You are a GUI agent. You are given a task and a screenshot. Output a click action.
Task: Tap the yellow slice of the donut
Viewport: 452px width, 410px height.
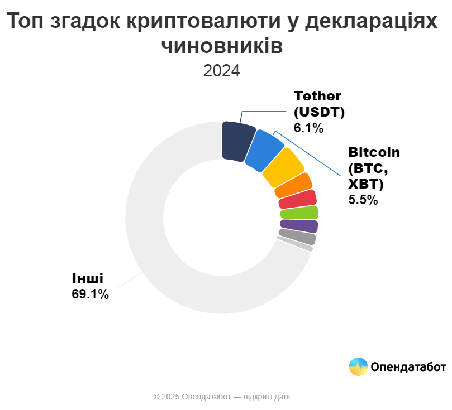pyautogui.click(x=283, y=168)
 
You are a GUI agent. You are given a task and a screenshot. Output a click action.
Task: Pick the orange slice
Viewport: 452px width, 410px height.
pyautogui.click(x=293, y=186)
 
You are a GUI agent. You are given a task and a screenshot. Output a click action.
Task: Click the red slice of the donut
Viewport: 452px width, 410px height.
pyautogui.click(x=298, y=199)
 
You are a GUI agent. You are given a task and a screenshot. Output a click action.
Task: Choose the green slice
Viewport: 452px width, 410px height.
pyautogui.click(x=299, y=213)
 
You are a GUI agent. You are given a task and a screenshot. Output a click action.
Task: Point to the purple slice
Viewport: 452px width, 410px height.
pyautogui.click(x=299, y=226)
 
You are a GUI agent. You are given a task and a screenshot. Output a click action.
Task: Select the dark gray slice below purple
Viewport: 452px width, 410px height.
pyautogui.click(x=297, y=237)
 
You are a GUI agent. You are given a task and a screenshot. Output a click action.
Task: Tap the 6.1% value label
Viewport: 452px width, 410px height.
pyautogui.click(x=308, y=128)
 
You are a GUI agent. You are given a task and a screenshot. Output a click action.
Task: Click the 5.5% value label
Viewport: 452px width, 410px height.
pyautogui.click(x=363, y=199)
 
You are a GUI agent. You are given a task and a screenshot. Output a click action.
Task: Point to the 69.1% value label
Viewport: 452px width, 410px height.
pyautogui.click(x=90, y=294)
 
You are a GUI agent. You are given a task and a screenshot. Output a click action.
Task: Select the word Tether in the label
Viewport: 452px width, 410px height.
pyautogui.click(x=317, y=95)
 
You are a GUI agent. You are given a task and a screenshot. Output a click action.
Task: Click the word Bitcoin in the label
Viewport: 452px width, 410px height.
pyautogui.click(x=374, y=152)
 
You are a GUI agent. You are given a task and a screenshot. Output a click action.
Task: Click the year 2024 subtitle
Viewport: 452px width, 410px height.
pyautogui.click(x=221, y=71)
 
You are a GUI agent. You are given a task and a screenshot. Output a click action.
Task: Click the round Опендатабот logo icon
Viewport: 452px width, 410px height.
pyautogui.click(x=358, y=366)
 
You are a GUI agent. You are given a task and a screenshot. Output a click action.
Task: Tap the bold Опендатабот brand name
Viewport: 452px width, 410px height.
pyautogui.click(x=408, y=366)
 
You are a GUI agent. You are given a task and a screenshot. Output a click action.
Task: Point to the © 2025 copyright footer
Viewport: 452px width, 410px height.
pyautogui.click(x=221, y=397)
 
